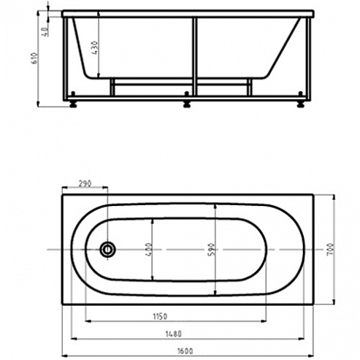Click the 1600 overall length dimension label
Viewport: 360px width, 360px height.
pyautogui.click(x=185, y=351)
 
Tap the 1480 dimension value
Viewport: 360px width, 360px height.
pyautogui.click(x=174, y=334)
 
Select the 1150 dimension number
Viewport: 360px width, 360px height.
pyautogui.click(x=160, y=317)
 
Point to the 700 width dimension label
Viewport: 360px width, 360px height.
pyautogui.click(x=329, y=249)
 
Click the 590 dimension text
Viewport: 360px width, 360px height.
pyautogui.click(x=212, y=249)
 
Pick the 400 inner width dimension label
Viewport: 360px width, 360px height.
pyautogui.click(x=149, y=249)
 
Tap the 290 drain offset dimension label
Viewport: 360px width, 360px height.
pyautogui.click(x=85, y=183)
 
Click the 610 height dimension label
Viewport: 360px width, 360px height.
pyautogui.click(x=34, y=58)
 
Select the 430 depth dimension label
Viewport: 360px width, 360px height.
pyautogui.click(x=95, y=47)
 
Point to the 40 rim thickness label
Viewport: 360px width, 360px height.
pyautogui.click(x=45, y=32)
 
